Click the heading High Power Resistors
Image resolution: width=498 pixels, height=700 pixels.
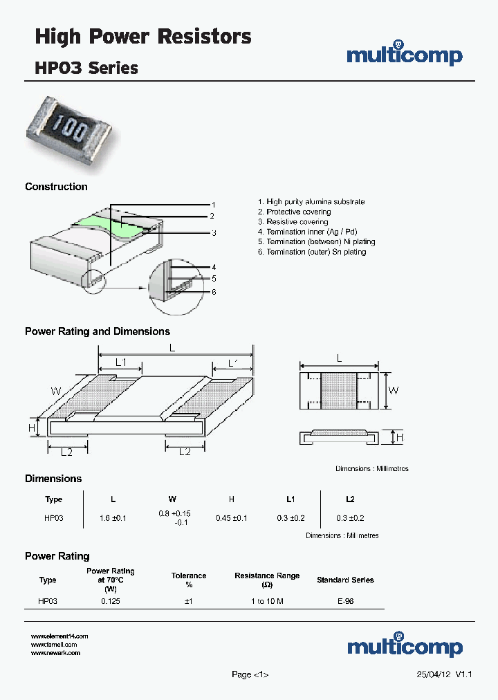(143, 37)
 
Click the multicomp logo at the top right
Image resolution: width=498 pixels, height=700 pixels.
(404, 55)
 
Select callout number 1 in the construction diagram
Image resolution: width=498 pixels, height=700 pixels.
(214, 205)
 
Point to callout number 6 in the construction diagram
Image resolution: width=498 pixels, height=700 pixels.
(214, 292)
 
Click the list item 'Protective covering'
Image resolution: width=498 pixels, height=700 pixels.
(298, 212)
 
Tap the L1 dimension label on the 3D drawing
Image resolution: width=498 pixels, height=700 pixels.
(120, 362)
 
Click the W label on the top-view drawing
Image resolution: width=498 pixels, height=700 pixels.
(393, 390)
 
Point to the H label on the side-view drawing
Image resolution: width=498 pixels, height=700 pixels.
(399, 437)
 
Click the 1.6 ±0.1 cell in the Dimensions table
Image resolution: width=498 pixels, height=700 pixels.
(113, 518)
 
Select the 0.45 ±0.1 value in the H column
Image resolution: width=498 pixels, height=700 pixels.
(231, 518)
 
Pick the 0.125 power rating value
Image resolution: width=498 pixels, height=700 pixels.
(111, 602)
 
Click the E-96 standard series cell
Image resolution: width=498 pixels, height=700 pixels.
(345, 602)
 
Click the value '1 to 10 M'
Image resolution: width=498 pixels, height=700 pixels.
(267, 602)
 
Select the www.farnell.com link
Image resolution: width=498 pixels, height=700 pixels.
(54, 644)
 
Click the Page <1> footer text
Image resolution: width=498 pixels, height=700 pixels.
(249, 674)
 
